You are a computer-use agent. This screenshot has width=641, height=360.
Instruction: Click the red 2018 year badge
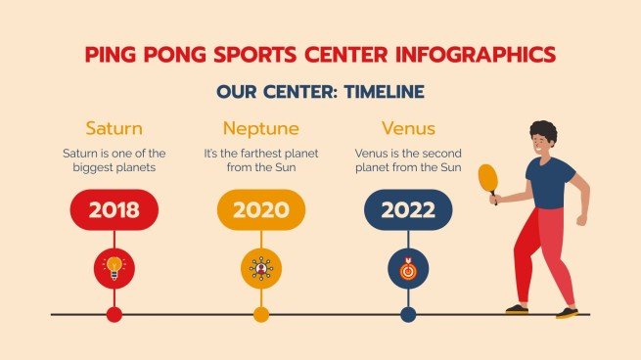(114, 209)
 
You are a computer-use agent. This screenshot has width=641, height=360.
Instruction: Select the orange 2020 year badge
(260, 209)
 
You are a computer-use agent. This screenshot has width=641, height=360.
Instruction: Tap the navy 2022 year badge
(408, 209)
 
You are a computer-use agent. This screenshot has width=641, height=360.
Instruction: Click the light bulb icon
(114, 267)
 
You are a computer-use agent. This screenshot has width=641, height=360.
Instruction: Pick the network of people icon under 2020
(260, 267)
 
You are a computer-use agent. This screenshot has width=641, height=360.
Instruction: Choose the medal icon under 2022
(408, 267)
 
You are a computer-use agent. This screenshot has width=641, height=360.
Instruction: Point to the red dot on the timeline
(114, 314)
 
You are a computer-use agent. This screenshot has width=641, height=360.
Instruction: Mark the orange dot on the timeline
(260, 314)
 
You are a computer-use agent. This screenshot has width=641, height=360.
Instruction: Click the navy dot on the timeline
(408, 314)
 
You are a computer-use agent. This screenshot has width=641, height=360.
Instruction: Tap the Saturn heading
(114, 128)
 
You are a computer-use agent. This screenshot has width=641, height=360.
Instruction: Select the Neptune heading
(260, 128)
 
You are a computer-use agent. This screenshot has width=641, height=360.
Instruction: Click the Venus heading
(407, 128)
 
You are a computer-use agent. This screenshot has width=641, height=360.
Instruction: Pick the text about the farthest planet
(260, 160)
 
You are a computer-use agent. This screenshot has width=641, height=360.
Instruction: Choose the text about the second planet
(407, 160)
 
